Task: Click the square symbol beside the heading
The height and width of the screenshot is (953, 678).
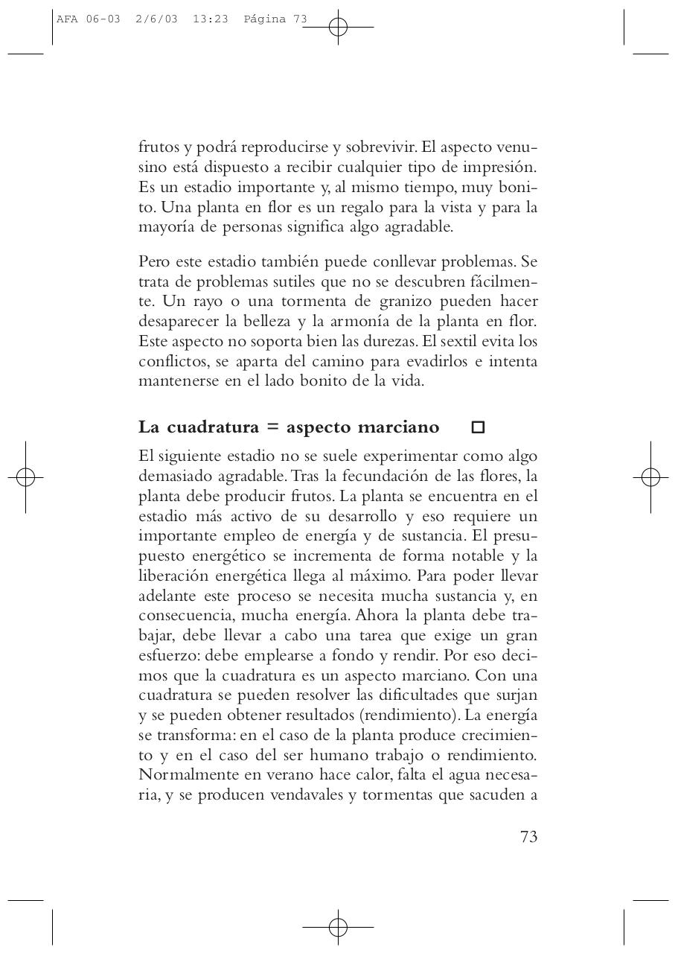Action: tap(478, 427)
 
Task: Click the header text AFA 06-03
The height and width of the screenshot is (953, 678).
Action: tap(88, 19)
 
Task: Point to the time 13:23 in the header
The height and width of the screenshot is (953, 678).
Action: tap(210, 19)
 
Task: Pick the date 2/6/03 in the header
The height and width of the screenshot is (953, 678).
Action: tap(156, 19)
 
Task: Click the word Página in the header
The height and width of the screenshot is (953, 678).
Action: tap(264, 19)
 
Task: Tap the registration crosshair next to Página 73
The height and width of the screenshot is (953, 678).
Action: tap(338, 28)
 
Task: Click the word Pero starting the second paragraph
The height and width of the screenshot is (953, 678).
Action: tap(153, 262)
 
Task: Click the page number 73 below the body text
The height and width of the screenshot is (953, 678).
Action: tap(528, 837)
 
